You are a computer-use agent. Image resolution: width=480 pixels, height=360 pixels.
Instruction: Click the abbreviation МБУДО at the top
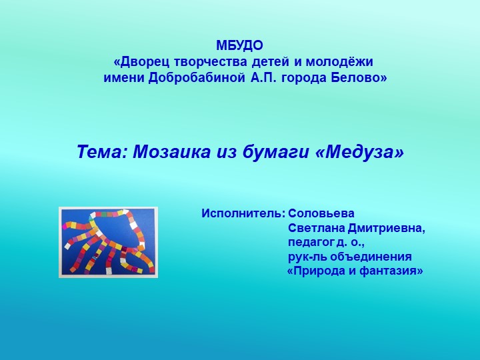(240, 46)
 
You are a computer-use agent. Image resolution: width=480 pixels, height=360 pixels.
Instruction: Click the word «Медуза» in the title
(361, 152)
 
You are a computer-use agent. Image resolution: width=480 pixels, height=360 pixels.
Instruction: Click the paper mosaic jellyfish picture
(109, 241)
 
